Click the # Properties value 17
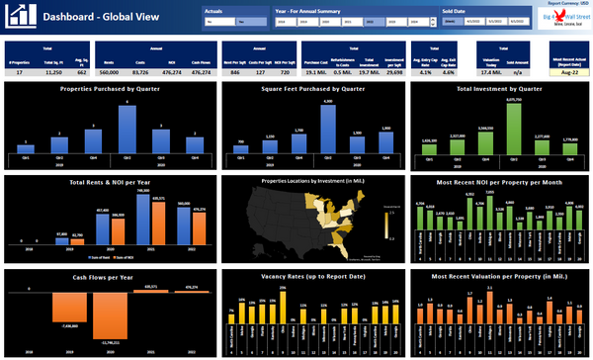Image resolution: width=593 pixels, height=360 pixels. point(20,72)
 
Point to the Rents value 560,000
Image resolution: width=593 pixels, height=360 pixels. point(110,72)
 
